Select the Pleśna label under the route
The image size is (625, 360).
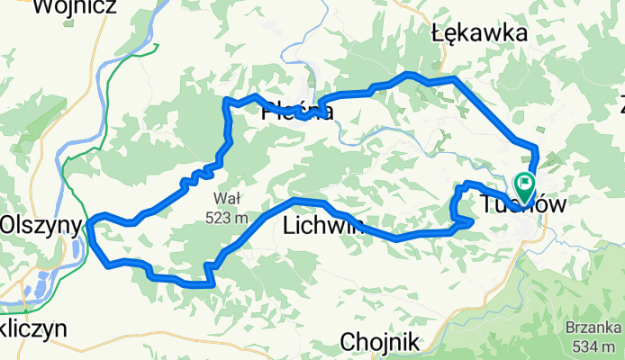pyautogui.click(x=297, y=112)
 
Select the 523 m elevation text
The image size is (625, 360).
pyautogui.click(x=225, y=217)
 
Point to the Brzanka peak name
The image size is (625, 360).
pyautogui.click(x=589, y=328)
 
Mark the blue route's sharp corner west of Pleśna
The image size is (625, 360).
pyautogui.click(x=226, y=100)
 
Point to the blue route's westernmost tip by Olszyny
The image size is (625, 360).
pyautogui.click(x=89, y=227)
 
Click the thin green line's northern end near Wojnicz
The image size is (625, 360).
pyautogui.click(x=158, y=44)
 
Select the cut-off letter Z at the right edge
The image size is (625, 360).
pyautogui.click(x=620, y=99)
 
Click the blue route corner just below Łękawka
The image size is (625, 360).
pyautogui.click(x=455, y=79)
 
